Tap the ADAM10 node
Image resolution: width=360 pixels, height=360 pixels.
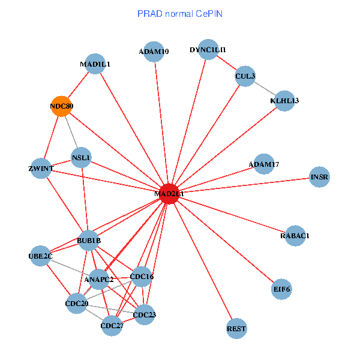click(x=155, y=52)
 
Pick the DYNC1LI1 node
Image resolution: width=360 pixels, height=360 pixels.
click(x=208, y=50)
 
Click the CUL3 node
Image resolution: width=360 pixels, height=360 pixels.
click(x=245, y=76)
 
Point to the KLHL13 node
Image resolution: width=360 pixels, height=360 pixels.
click(x=284, y=100)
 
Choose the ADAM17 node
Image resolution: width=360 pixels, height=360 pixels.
click(x=264, y=164)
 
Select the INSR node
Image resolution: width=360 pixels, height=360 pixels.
click(x=320, y=177)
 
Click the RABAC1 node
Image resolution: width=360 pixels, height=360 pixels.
click(x=294, y=236)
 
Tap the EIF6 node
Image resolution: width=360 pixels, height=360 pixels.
click(x=281, y=289)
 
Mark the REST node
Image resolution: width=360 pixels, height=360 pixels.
click(x=237, y=329)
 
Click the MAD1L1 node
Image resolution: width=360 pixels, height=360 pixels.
click(x=96, y=64)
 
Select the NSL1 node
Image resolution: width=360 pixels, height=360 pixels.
click(x=81, y=158)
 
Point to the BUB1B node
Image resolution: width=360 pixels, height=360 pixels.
click(x=89, y=241)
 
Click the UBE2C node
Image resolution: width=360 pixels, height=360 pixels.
click(x=41, y=257)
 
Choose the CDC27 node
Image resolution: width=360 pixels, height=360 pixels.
click(x=112, y=326)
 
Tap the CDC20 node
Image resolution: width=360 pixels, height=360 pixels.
click(x=77, y=304)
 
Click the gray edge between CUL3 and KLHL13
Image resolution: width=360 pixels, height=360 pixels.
click(x=265, y=88)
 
